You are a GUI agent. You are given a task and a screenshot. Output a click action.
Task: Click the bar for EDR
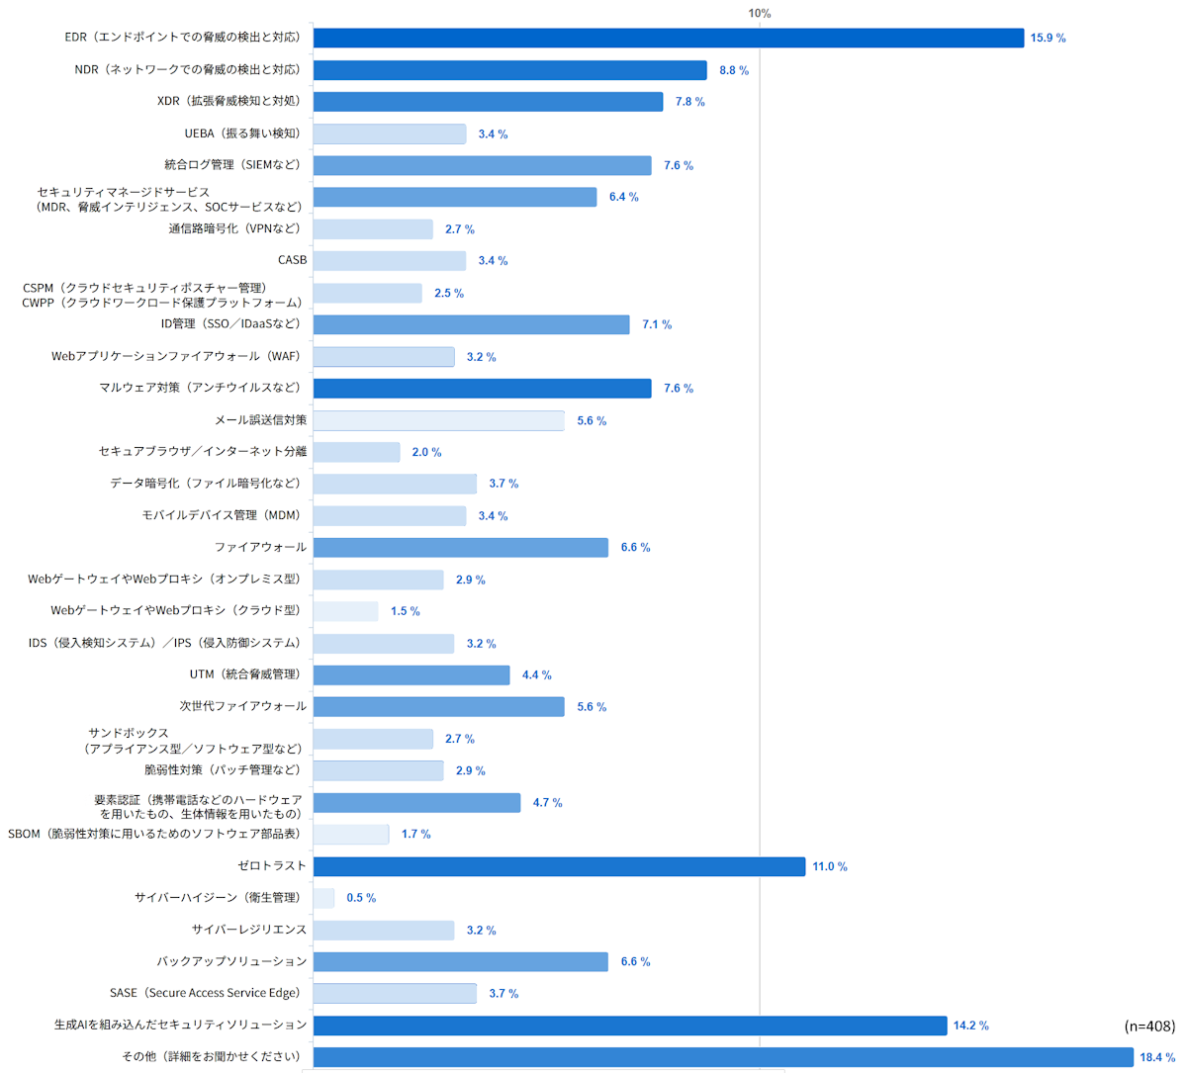click(x=669, y=38)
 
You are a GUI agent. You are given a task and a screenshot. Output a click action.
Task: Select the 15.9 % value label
click(x=1048, y=38)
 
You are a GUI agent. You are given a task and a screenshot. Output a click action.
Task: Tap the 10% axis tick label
click(x=760, y=13)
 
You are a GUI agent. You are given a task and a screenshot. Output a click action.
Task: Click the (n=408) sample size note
click(x=1149, y=1026)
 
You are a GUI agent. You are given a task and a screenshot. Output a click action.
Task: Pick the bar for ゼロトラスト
click(x=559, y=866)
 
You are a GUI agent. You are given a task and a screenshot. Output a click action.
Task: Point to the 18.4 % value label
click(x=1158, y=1057)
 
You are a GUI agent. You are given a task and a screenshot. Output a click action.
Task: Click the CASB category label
click(x=293, y=260)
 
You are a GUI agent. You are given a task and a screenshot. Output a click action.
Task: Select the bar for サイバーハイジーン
click(x=323, y=898)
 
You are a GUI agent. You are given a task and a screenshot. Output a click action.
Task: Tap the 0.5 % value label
click(x=362, y=898)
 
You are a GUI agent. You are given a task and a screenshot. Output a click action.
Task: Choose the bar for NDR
click(x=510, y=70)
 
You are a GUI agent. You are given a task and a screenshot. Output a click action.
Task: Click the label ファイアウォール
click(x=260, y=547)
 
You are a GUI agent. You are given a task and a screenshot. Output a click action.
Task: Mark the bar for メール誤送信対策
click(x=439, y=421)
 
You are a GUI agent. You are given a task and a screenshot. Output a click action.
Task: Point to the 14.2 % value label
click(x=971, y=1026)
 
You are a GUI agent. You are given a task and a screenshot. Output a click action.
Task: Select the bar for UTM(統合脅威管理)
click(x=411, y=674)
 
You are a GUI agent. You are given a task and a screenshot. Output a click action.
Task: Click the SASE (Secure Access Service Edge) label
click(x=205, y=993)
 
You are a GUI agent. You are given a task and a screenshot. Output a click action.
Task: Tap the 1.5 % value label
click(x=406, y=611)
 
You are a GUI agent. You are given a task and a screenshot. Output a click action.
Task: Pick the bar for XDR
click(x=489, y=102)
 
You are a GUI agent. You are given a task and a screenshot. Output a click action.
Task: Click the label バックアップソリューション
click(x=231, y=961)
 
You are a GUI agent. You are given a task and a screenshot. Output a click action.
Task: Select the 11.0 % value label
click(x=830, y=866)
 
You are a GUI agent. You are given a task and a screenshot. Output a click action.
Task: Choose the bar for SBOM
click(x=351, y=835)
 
